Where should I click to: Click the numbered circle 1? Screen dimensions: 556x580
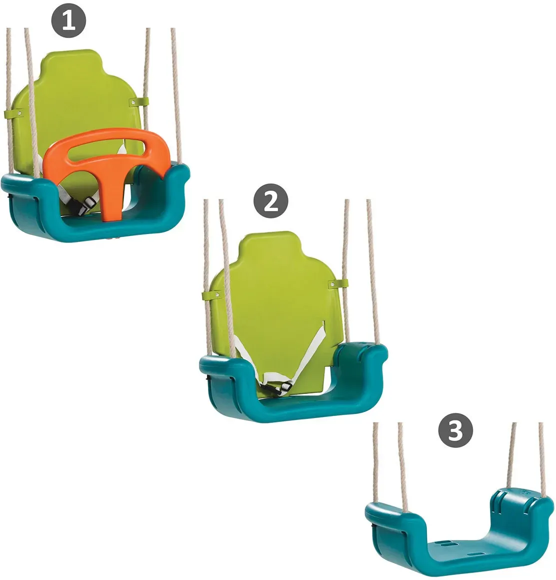pyautogui.click(x=69, y=20)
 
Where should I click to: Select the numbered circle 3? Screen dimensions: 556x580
pyautogui.click(x=455, y=430)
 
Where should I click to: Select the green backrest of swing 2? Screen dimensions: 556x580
pyautogui.click(x=275, y=296)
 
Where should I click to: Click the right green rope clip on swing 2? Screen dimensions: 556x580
pyautogui.click(x=338, y=284)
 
